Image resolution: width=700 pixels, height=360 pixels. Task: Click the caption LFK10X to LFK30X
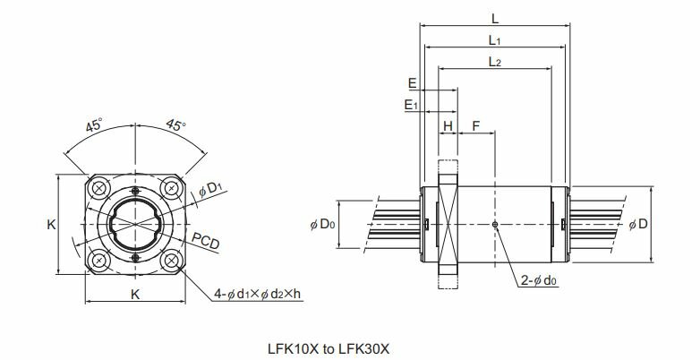[329, 348]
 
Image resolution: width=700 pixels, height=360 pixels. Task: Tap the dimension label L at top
[495, 19]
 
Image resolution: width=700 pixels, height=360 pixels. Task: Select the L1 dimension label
[494, 40]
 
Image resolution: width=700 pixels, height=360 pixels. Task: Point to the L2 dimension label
[495, 62]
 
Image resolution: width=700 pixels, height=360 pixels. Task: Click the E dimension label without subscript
[412, 83]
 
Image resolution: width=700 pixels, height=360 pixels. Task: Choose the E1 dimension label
[411, 105]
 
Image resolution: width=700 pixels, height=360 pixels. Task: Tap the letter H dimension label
[448, 126]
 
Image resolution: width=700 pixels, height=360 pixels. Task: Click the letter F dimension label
[476, 126]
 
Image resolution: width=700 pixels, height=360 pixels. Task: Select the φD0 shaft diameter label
[322, 224]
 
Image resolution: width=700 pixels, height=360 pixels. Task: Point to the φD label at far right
[638, 224]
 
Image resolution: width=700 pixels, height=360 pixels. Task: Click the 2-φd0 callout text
[539, 280]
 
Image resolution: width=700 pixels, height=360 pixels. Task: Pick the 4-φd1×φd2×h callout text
[257, 294]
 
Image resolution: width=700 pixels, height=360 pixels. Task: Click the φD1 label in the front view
[210, 189]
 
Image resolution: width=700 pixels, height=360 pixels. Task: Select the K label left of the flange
[51, 225]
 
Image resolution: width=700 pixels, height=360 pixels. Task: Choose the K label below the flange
[135, 295]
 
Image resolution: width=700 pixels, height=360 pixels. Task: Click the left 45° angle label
[94, 125]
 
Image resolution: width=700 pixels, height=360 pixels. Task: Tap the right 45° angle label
[175, 125]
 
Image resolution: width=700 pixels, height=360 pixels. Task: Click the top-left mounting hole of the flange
[99, 188]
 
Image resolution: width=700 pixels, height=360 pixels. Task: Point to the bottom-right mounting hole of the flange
[172, 261]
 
